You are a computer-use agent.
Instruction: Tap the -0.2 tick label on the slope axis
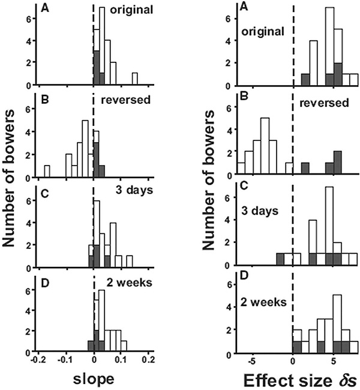pyautogui.click(x=39, y=361)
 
